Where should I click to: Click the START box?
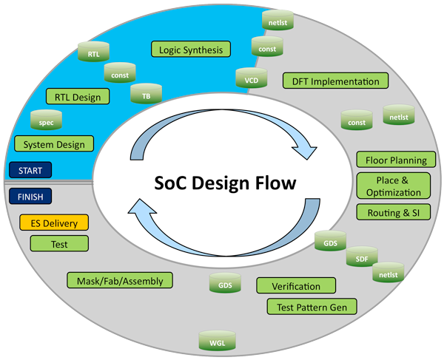(x=30, y=170)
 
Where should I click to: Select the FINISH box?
(x=30, y=196)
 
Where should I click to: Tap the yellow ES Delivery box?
(x=54, y=223)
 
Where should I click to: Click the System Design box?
(x=54, y=143)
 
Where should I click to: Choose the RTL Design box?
(x=78, y=96)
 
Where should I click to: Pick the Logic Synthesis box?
(x=191, y=50)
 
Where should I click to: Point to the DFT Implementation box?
(x=335, y=81)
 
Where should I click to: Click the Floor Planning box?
(x=396, y=160)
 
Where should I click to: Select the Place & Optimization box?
(x=394, y=186)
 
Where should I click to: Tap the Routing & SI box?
(x=394, y=212)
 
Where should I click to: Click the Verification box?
(x=296, y=285)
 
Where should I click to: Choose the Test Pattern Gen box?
(x=312, y=307)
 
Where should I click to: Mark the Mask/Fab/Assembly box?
(x=120, y=280)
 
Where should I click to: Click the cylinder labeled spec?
(x=46, y=120)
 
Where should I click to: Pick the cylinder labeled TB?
(x=146, y=94)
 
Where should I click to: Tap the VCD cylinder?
(x=252, y=78)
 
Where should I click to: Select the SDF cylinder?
(x=362, y=257)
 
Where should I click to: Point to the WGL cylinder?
(x=218, y=341)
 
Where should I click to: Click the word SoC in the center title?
(x=170, y=183)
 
